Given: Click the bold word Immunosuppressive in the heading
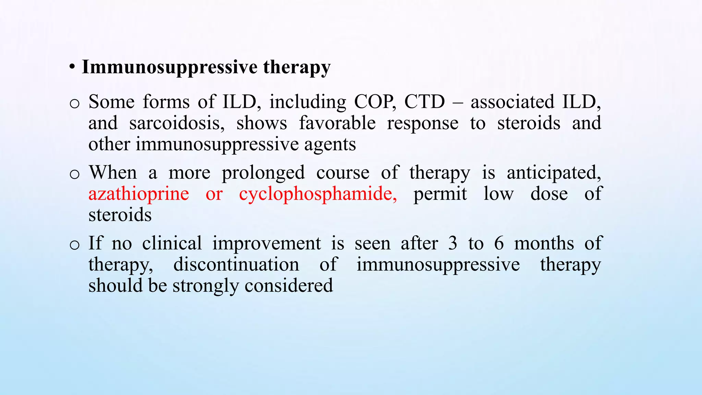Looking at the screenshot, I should pyautogui.click(x=170, y=67).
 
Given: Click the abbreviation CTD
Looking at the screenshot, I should pyautogui.click(x=424, y=102).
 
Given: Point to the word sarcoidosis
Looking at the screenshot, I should pyautogui.click(x=177, y=123).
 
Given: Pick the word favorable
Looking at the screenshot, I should pyautogui.click(x=337, y=123).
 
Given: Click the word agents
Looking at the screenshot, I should pyautogui.click(x=330, y=144).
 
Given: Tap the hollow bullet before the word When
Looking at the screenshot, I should pyautogui.click(x=74, y=174).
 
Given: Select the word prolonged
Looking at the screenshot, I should pyautogui.click(x=263, y=172).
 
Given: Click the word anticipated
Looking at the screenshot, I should pyautogui.click(x=554, y=172).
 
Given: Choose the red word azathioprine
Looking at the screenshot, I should pyautogui.click(x=138, y=194).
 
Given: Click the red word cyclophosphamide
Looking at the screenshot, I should pyautogui.click(x=318, y=194).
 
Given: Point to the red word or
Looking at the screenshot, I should pyautogui.click(x=214, y=194).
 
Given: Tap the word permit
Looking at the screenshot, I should pyautogui.click(x=440, y=194).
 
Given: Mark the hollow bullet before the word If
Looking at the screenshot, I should pyautogui.click(x=74, y=245).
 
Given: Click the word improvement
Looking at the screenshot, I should pyautogui.click(x=267, y=243).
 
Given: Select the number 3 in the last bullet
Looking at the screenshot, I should pyautogui.click(x=452, y=243).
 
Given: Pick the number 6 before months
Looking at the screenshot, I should pyautogui.click(x=499, y=243).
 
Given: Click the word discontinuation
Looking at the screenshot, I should pyautogui.click(x=236, y=265).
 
